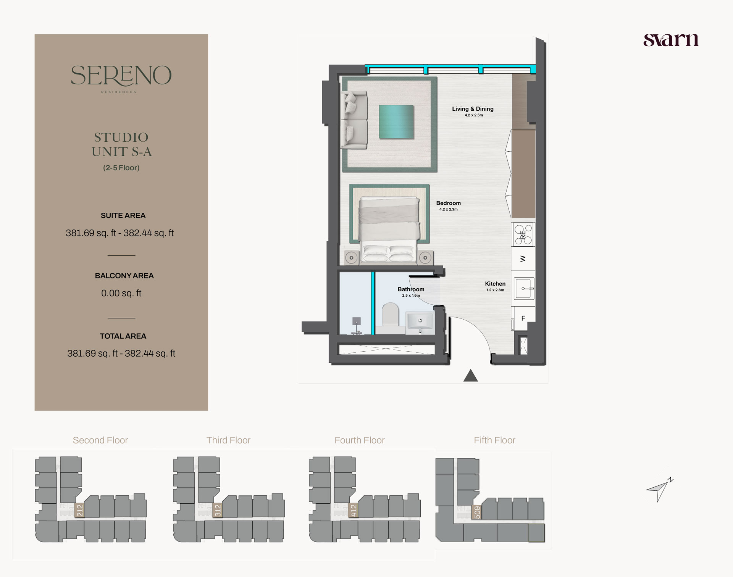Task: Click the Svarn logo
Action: pyautogui.click(x=671, y=40)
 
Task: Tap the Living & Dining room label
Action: pyautogui.click(x=473, y=109)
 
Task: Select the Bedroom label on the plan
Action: pyautogui.click(x=448, y=204)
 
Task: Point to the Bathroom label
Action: pyautogui.click(x=411, y=289)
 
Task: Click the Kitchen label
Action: pyautogui.click(x=495, y=284)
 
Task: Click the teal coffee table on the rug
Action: pyautogui.click(x=396, y=122)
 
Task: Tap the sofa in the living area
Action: pyautogui.click(x=355, y=119)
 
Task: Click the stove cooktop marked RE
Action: pyautogui.click(x=523, y=234)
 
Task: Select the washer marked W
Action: pyautogui.click(x=523, y=259)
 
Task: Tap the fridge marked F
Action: pyautogui.click(x=523, y=318)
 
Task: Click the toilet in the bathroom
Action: pyautogui.click(x=390, y=315)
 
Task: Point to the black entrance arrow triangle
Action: pyautogui.click(x=470, y=376)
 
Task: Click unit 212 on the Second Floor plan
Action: pyautogui.click(x=79, y=510)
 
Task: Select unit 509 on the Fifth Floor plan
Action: pyautogui.click(x=477, y=512)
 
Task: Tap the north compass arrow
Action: pyautogui.click(x=659, y=490)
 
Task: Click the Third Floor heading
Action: pyautogui.click(x=228, y=440)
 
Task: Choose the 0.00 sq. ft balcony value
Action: pyautogui.click(x=121, y=293)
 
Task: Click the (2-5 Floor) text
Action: pyautogui.click(x=121, y=168)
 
